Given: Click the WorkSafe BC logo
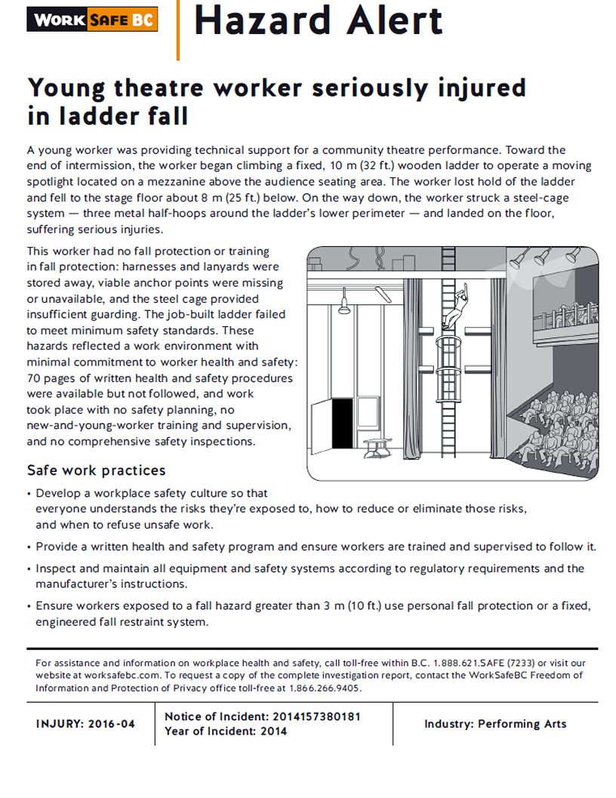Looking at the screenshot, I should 92,20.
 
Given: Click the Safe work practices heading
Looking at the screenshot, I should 96,470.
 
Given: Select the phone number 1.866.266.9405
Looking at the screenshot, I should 322,689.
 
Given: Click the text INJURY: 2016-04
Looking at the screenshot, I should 85,724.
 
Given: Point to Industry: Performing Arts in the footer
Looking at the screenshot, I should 495,724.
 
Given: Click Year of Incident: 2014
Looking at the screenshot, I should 226,731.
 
